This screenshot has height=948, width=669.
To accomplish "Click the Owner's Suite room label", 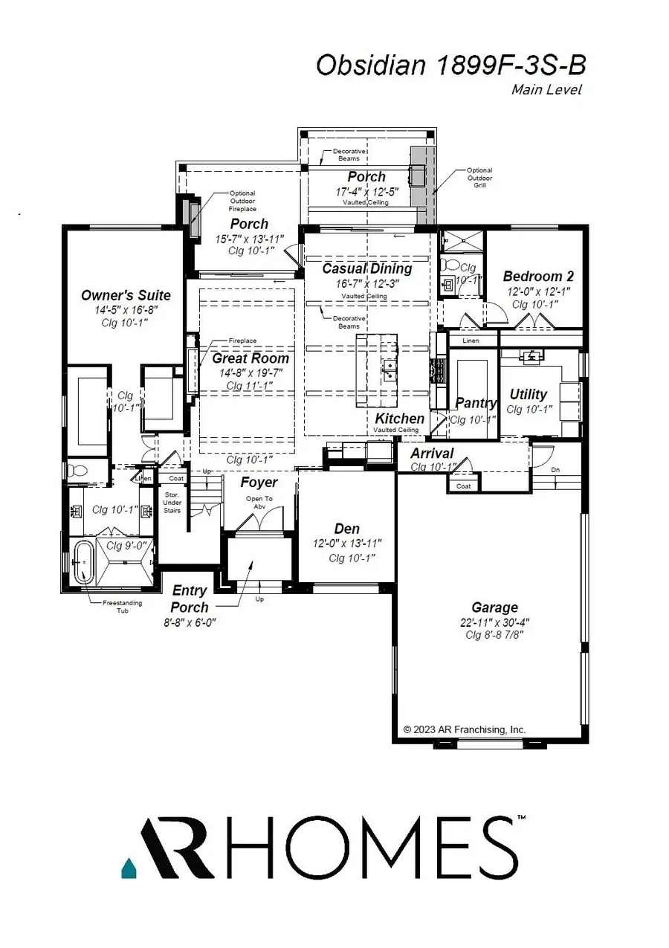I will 126,295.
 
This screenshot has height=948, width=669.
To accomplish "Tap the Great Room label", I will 251,358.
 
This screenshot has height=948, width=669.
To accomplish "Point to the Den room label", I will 346,529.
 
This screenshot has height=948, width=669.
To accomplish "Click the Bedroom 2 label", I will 538,276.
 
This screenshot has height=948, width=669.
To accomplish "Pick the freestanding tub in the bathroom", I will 83,563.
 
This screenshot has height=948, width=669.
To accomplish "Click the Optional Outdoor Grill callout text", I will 479,178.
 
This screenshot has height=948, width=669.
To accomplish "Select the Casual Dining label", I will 366,268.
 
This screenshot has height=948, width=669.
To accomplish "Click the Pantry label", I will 476,403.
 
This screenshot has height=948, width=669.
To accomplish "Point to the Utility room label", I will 529,394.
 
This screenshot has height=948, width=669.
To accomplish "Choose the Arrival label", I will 432,454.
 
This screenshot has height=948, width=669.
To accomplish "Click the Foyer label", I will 259,483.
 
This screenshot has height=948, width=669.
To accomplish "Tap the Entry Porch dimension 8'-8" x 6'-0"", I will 189,622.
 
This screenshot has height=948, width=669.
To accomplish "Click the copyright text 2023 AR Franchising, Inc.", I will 464,729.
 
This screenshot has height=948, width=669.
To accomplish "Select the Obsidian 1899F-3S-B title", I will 450,65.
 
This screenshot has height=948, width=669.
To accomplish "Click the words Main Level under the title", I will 546,90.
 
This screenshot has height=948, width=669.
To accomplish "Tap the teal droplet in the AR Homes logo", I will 128,867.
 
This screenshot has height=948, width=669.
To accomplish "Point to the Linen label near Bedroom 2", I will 471,341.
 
